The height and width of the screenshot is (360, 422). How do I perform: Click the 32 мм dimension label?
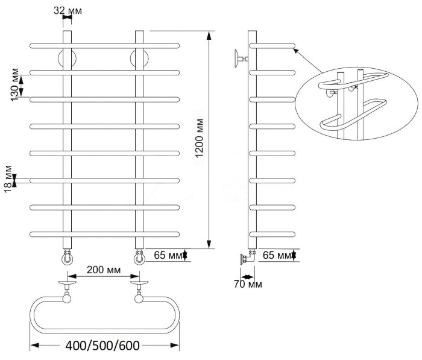coord(68,11)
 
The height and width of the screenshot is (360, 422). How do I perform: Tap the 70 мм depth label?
coord(247,283)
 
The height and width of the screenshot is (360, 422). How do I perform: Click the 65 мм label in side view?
coord(276,256)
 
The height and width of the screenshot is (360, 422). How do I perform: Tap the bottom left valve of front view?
coord(67,258)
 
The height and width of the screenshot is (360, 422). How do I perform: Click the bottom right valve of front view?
coord(140,258)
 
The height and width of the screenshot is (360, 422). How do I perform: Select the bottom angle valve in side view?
coord(246,258)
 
